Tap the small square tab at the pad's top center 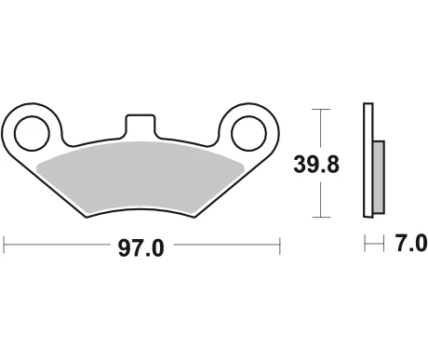pyautogui.click(x=141, y=125)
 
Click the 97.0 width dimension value pyautogui.click(x=141, y=247)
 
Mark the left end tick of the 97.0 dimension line pyautogui.click(x=5, y=247)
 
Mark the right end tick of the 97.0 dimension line pyautogui.click(x=280, y=247)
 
